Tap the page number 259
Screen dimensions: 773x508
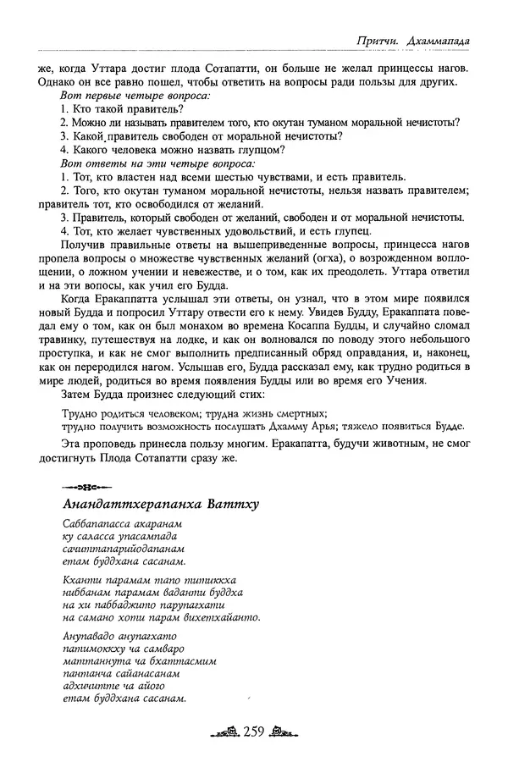[x=254, y=732]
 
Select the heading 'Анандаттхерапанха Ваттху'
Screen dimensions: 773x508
[x=161, y=505]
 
